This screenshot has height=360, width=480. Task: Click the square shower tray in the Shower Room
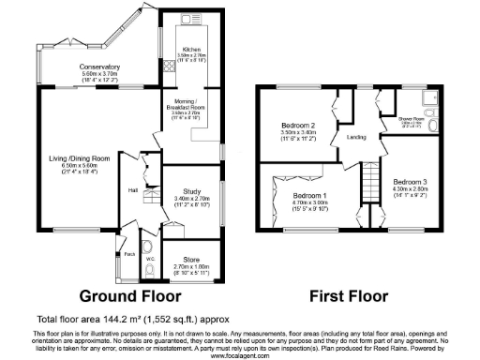tap(429, 98)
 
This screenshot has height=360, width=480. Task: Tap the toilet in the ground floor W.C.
tap(153, 272)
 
